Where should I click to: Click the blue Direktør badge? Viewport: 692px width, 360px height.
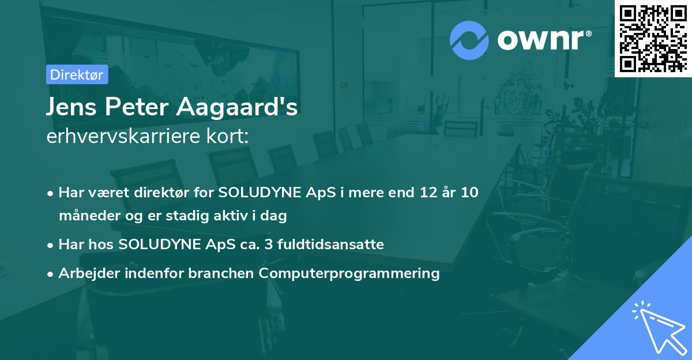coord(77,74)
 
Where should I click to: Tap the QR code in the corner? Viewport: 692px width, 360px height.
coord(653,39)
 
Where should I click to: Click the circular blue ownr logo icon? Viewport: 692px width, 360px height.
coord(469,40)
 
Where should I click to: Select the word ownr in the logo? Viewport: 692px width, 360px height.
coord(541,40)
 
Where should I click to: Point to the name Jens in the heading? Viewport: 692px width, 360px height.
coord(72,107)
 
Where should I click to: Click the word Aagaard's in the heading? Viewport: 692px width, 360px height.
coord(237,107)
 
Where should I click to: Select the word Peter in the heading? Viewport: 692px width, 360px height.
coord(137,107)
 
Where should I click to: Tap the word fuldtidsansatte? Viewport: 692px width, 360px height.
coord(330,245)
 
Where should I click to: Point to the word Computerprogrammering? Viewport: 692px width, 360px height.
coord(349,273)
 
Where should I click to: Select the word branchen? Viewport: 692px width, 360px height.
coord(221,273)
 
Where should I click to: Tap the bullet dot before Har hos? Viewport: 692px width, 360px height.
coord(50,246)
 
